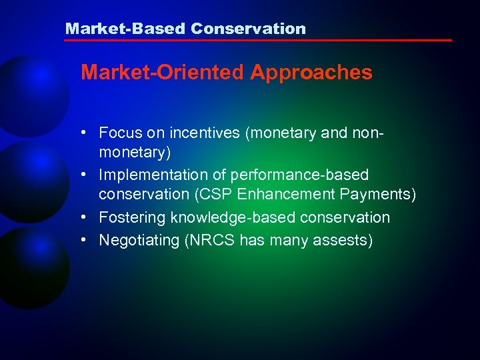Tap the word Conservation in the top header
pyautogui.click(x=248, y=29)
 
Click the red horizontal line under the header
pyautogui.click(x=257, y=41)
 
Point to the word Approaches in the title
pyautogui.click(x=311, y=73)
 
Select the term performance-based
pyautogui.click(x=299, y=175)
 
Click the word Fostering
pyautogui.click(x=133, y=217)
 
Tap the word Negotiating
pyautogui.click(x=139, y=239)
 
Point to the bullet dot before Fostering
pyautogui.click(x=86, y=217)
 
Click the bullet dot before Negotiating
pyautogui.click(x=86, y=239)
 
